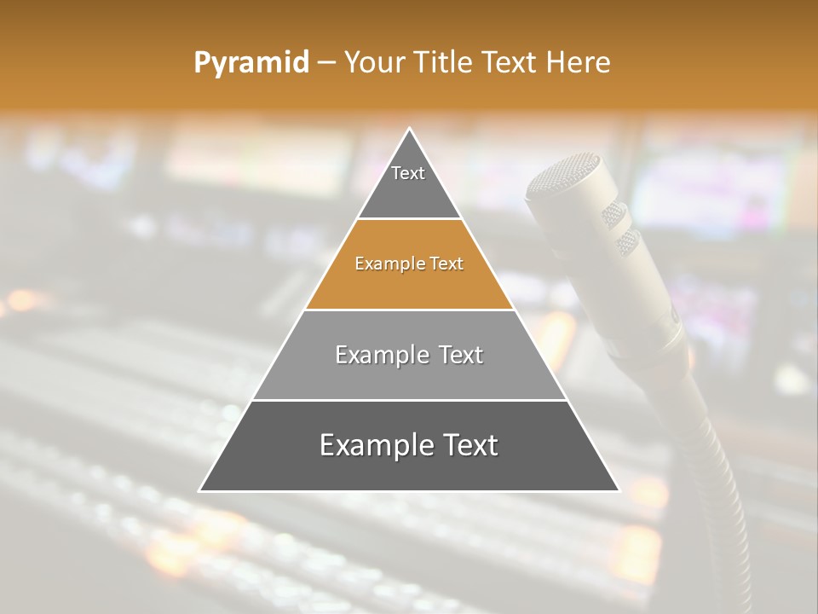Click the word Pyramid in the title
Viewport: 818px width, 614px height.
pos(251,63)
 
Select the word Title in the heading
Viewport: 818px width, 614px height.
pos(444,63)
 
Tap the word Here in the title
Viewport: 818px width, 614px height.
pos(578,63)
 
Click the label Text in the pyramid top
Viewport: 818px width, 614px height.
pos(408,173)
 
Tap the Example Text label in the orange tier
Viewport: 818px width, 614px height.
pos(409,264)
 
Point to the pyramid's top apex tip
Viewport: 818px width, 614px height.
pos(410,130)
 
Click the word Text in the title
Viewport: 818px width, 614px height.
pos(510,63)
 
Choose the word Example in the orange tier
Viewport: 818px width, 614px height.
pos(388,264)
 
